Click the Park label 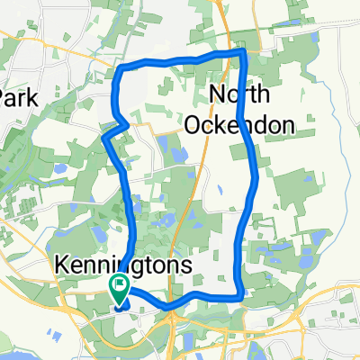19,98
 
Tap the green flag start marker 119,286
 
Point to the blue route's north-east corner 243,54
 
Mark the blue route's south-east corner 239,296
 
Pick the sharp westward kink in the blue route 105,137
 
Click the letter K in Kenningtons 61,266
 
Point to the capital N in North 218,95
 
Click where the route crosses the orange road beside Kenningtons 176,302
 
